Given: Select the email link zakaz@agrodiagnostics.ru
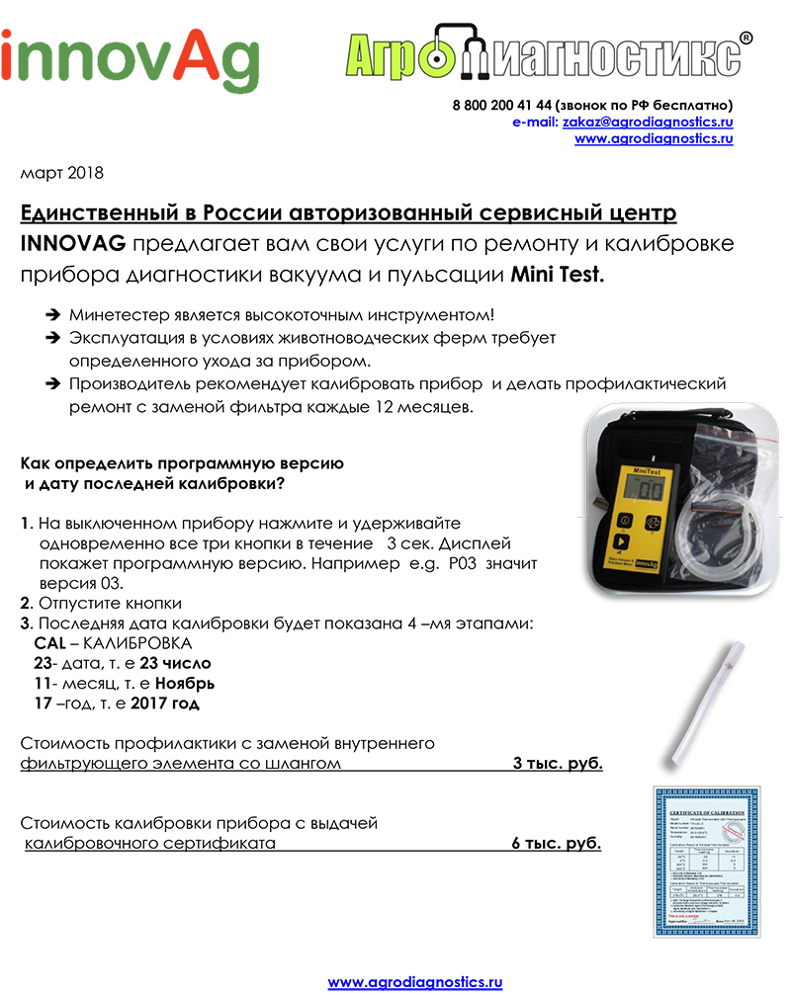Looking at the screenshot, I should tap(648, 122).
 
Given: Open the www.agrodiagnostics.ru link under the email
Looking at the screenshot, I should tap(654, 139).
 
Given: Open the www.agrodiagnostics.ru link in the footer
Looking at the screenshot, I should tap(415, 982).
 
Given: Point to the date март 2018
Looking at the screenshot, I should tap(61, 173).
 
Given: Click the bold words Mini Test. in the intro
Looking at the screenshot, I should tap(557, 276).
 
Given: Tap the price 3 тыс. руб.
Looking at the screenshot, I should tap(557, 764).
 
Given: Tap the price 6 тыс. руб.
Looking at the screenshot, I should tap(557, 843).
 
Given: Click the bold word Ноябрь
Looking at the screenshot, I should tap(182, 683).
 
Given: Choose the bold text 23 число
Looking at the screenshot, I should tap(175, 663).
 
